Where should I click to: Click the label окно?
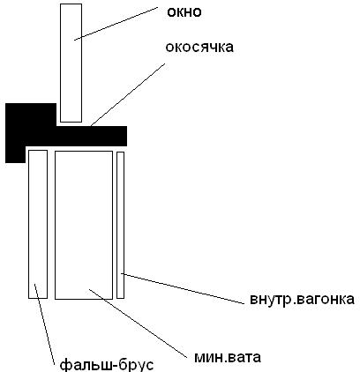(184, 12)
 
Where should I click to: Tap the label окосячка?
(199, 47)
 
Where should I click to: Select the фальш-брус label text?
(107, 364)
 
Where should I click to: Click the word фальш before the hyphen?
(85, 364)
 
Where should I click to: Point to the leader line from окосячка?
(128, 94)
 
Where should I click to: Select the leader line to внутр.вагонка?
(183, 288)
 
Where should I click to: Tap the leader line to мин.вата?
(138, 324)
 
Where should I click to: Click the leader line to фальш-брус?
(45, 324)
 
